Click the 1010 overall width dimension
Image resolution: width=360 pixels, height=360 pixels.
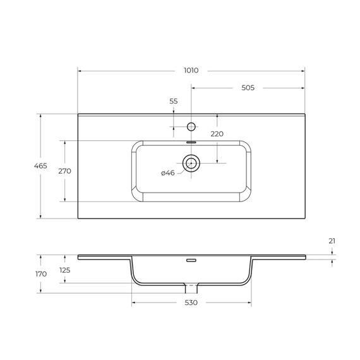[191, 70]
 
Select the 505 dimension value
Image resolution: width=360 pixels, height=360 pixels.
[248, 88]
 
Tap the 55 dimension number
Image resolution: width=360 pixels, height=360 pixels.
[174, 101]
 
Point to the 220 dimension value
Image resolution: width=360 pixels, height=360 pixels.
[217, 134]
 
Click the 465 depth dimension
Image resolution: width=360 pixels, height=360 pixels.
[40, 165]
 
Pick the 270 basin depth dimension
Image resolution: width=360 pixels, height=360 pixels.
[65, 171]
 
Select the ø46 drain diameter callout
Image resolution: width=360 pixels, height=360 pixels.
[168, 173]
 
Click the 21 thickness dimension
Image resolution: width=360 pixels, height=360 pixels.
[332, 241]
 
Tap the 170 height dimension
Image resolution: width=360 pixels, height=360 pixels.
[41, 274]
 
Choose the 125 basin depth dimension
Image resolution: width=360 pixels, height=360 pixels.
[65, 270]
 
